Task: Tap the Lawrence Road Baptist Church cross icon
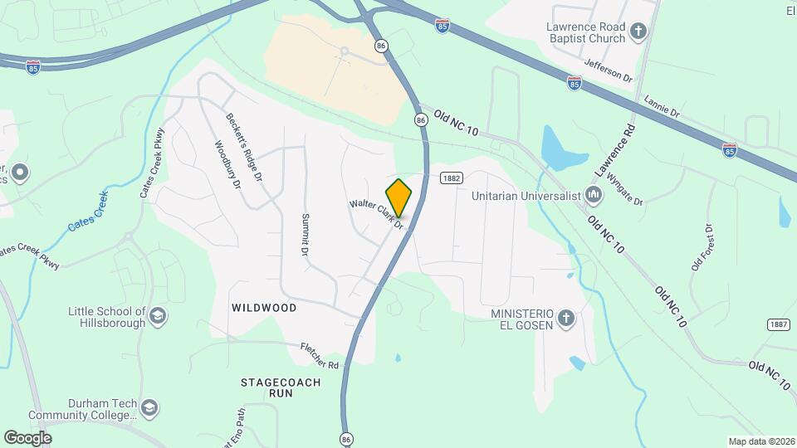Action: click(x=638, y=32)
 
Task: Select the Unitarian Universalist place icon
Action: click(x=594, y=197)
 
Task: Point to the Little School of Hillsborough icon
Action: click(x=158, y=316)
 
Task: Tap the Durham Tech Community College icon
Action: click(x=149, y=408)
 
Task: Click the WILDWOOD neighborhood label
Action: click(x=265, y=308)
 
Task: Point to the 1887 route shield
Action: click(x=778, y=324)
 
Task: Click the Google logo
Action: click(x=27, y=437)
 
